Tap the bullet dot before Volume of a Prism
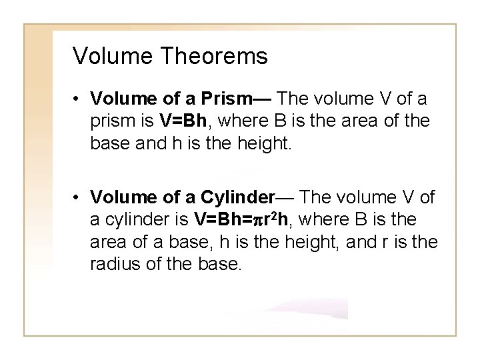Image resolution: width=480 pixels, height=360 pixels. (x=79, y=100)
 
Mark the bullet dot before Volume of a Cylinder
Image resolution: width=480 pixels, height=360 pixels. (x=79, y=198)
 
